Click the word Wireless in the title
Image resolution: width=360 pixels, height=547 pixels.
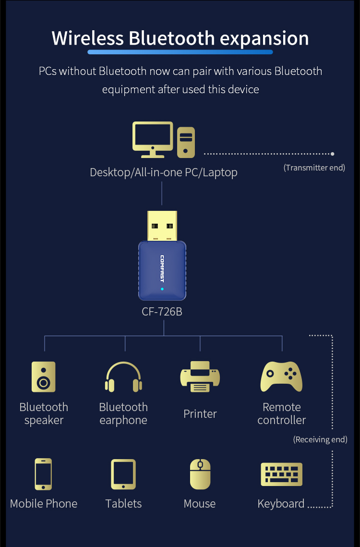pos(86,38)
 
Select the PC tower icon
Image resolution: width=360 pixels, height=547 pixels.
pos(186,142)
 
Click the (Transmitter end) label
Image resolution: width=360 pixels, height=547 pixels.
pos(314,168)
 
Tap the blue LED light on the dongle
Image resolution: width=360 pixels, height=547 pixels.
pos(162,289)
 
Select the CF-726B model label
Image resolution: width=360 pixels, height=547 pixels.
pos(162,312)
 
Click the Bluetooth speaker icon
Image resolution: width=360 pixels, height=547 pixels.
pos(43,377)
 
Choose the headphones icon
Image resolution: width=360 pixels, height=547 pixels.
pos(123,377)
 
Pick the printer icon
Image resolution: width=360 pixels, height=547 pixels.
pos(200,377)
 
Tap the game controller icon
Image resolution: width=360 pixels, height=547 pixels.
pos(281,377)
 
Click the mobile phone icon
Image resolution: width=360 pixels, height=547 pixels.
pos(43,474)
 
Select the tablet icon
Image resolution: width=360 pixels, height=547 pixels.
pos(123,474)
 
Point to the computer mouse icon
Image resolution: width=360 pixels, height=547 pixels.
pos(200,474)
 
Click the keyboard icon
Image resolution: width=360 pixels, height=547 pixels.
pos(281,474)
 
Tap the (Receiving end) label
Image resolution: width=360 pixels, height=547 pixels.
pos(320,439)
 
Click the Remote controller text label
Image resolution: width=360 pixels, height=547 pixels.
pos(281,413)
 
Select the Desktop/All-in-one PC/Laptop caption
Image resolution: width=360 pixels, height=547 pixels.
pos(163,172)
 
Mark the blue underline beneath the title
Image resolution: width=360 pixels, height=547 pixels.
pos(180,52)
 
